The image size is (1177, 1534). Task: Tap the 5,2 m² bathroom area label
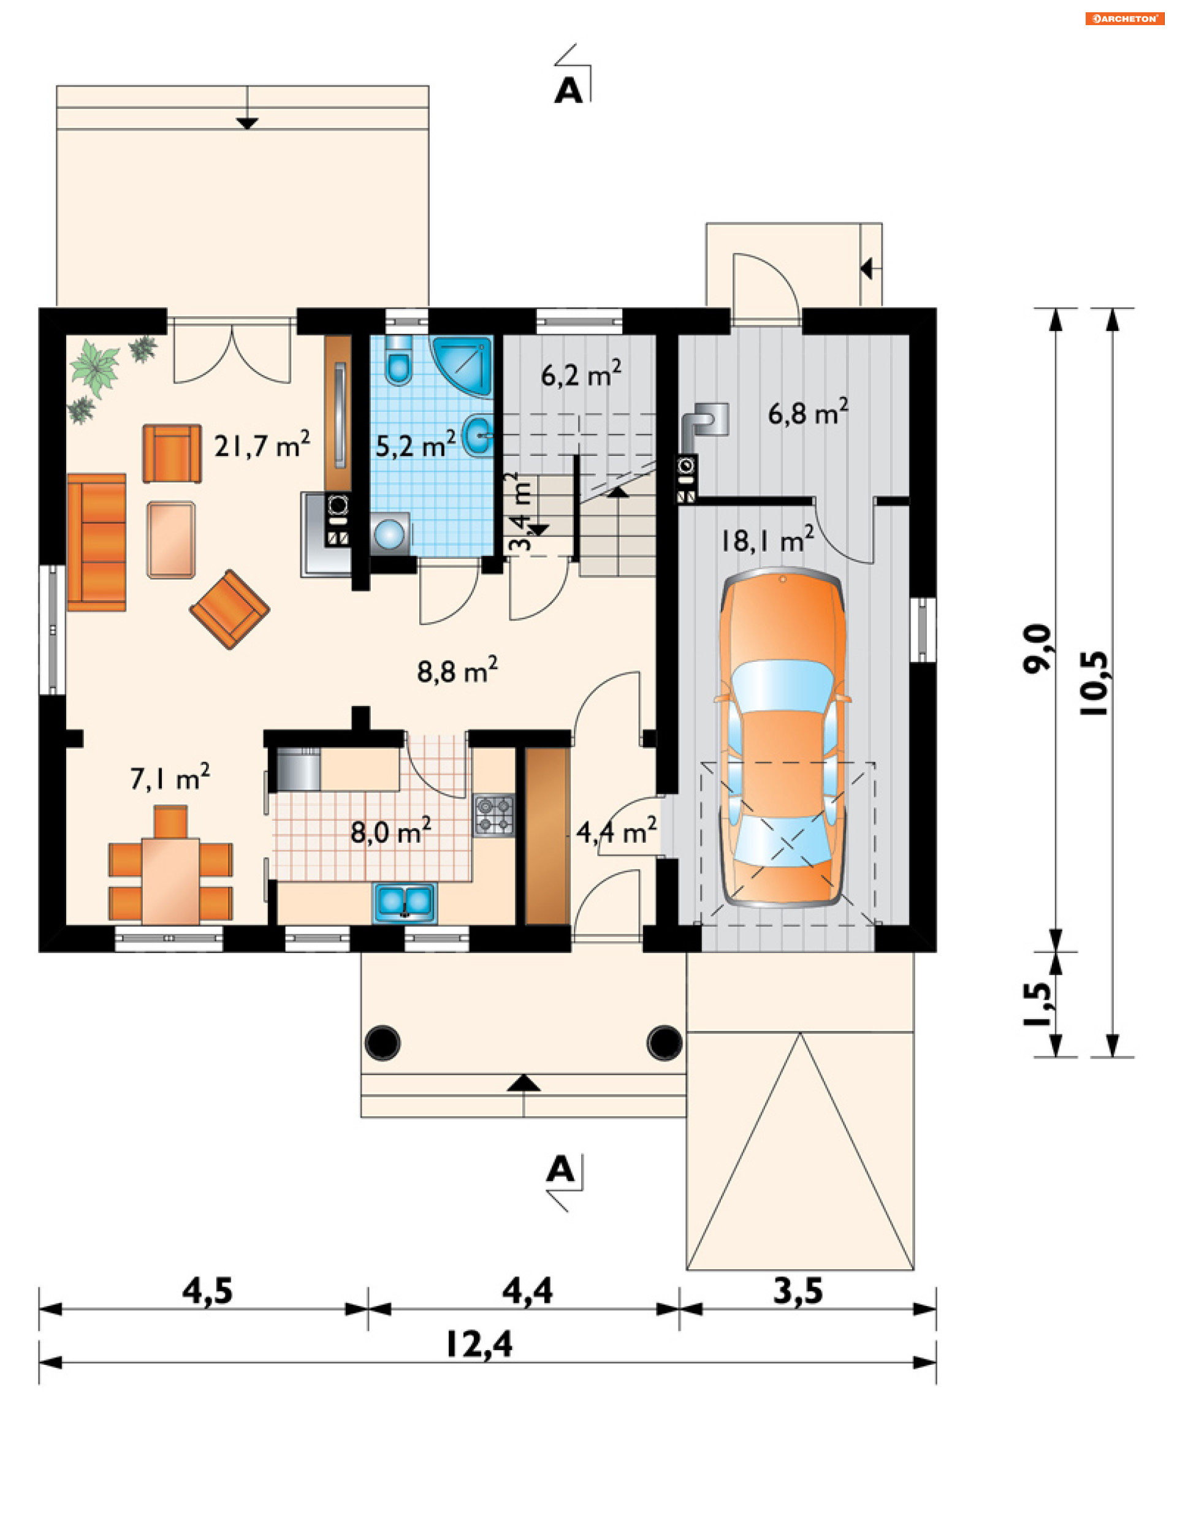click(x=416, y=445)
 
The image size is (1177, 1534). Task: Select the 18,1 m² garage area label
click(x=767, y=540)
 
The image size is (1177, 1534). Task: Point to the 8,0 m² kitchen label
click(x=390, y=832)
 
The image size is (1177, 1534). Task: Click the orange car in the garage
click(x=783, y=737)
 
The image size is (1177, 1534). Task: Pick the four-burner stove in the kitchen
click(x=494, y=815)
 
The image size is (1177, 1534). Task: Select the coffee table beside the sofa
click(x=171, y=540)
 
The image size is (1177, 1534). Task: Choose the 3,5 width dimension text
click(x=798, y=1290)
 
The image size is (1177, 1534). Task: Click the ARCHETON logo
click(x=1124, y=18)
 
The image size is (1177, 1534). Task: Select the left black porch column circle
click(x=383, y=1042)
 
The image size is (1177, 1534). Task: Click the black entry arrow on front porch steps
click(x=524, y=1083)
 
